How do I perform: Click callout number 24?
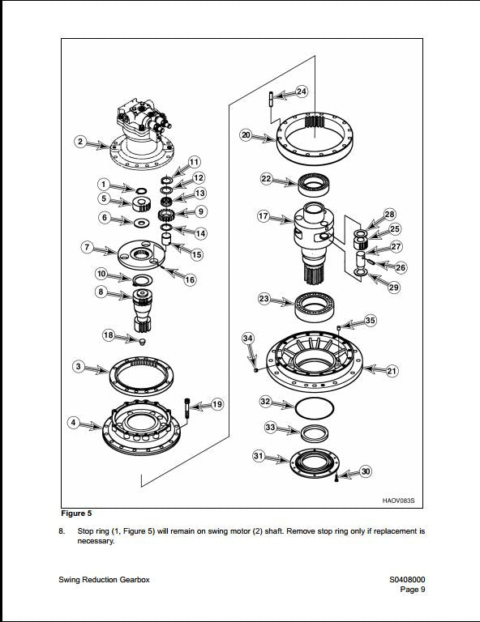click(x=302, y=92)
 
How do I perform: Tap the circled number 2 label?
click(x=80, y=141)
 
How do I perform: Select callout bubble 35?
click(x=370, y=320)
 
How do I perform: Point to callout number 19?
click(x=216, y=404)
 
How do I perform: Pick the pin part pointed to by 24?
click(x=271, y=99)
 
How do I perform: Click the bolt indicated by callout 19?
click(x=187, y=407)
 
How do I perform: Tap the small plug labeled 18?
click(x=143, y=341)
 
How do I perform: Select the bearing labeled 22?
click(x=315, y=184)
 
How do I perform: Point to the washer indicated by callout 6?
click(x=141, y=223)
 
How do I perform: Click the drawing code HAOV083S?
click(x=398, y=501)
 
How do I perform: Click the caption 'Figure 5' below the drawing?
click(x=76, y=513)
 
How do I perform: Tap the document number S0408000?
click(x=407, y=580)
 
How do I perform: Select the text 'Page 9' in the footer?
click(x=413, y=590)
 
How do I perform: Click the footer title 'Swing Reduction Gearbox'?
click(x=104, y=580)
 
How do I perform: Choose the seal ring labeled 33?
click(x=314, y=432)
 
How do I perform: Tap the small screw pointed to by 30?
click(x=336, y=478)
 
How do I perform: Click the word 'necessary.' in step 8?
click(x=96, y=541)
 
